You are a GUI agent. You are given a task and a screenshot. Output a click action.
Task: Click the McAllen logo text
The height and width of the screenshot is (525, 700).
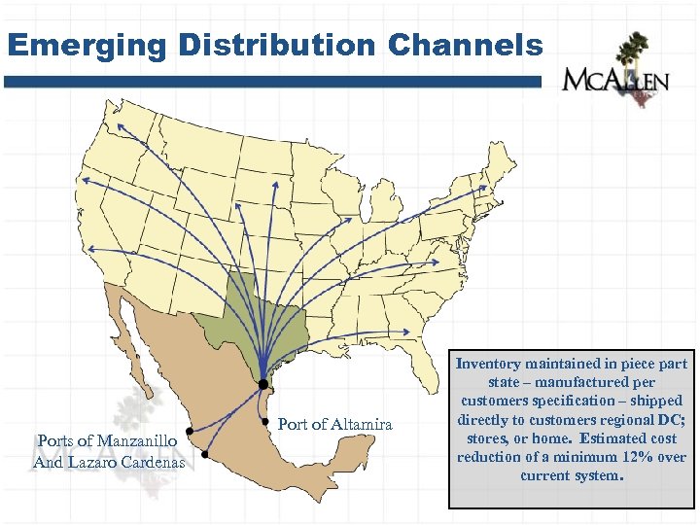[615, 80]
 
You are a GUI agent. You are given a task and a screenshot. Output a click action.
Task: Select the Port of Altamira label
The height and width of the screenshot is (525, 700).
[335, 424]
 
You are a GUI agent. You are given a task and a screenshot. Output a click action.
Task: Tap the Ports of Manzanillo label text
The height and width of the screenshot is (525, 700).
[107, 441]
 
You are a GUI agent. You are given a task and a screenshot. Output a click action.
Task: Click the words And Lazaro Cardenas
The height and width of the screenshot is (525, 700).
[109, 462]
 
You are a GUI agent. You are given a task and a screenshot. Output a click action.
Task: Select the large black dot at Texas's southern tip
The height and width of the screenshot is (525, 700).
[262, 384]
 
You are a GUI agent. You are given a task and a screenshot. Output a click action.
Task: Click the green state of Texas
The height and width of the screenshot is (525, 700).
[255, 321]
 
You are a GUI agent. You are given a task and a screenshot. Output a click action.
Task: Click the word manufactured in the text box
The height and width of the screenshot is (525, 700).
[562, 382]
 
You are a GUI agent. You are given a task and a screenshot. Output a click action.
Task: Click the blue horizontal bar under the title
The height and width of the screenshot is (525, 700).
[272, 83]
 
